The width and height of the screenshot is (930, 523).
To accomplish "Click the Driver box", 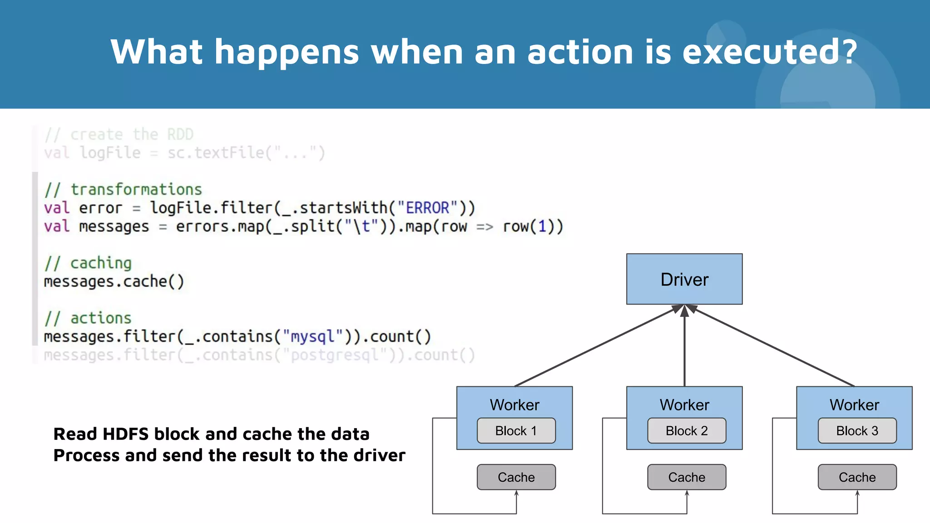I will click(684, 279).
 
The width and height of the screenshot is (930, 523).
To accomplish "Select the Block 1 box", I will click(516, 430).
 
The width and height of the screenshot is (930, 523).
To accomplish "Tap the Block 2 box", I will click(687, 430).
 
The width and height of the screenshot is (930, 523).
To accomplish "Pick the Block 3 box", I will click(857, 430).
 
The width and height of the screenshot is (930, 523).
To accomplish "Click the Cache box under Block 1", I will click(516, 477).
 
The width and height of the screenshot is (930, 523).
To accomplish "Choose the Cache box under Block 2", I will click(687, 477).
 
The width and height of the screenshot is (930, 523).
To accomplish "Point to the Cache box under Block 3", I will click(857, 477).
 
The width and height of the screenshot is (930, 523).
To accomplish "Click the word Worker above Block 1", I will click(514, 405).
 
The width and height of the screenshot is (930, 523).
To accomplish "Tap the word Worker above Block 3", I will click(854, 405).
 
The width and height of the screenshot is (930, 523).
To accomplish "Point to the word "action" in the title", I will click(580, 52).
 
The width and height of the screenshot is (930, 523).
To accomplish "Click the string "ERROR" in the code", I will click(427, 208).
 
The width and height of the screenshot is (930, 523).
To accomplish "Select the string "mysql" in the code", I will click(312, 337).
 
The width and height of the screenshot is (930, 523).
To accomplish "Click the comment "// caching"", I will click(88, 263).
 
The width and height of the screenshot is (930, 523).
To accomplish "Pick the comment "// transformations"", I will click(123, 189).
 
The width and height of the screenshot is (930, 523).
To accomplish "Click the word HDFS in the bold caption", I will click(126, 434).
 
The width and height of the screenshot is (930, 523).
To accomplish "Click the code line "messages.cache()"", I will click(114, 282).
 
